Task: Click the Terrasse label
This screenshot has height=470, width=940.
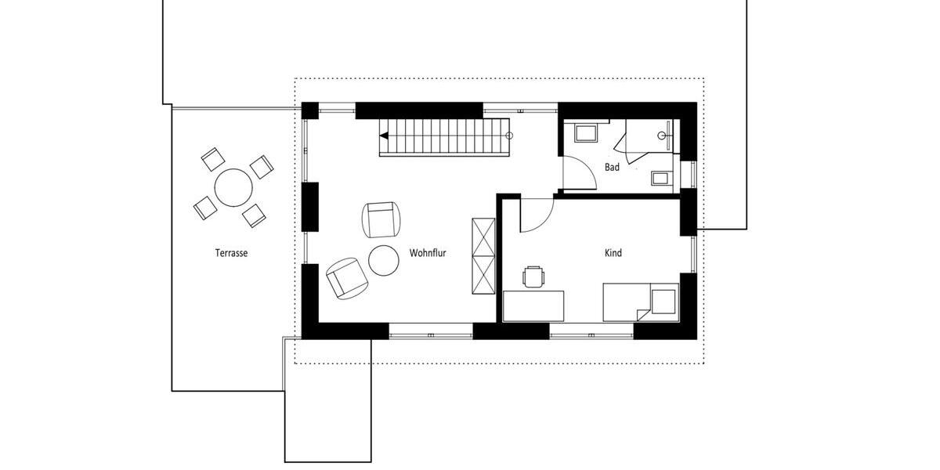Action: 231,253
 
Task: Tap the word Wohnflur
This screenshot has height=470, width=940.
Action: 427,253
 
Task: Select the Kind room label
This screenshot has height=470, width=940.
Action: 613,253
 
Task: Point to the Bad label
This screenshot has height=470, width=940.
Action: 612,167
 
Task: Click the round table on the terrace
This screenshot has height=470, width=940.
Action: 233,188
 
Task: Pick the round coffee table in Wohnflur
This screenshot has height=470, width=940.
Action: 384,261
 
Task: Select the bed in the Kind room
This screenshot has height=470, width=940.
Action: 639,302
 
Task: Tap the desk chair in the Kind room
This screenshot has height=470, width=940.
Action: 533,276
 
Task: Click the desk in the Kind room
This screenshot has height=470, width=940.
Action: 533,305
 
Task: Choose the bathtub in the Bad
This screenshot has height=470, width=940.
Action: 587,132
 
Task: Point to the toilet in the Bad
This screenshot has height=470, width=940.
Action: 660,177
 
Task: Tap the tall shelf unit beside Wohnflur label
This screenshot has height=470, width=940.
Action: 483,256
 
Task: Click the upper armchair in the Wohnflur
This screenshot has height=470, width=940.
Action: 381,219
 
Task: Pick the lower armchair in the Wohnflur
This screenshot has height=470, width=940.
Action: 345,278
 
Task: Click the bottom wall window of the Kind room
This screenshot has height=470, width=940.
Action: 591,334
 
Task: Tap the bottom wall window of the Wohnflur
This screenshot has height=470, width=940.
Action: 431,334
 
